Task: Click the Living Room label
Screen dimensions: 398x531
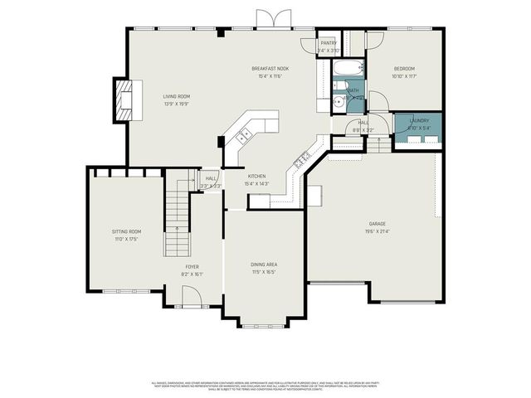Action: tap(176, 97)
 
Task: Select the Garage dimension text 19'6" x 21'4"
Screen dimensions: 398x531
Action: tap(378, 231)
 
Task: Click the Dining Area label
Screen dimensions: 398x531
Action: tap(264, 265)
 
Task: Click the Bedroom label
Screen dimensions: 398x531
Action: tap(404, 68)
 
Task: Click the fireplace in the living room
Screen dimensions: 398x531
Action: tap(123, 95)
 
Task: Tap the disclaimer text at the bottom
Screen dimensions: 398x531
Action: tap(265, 386)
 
